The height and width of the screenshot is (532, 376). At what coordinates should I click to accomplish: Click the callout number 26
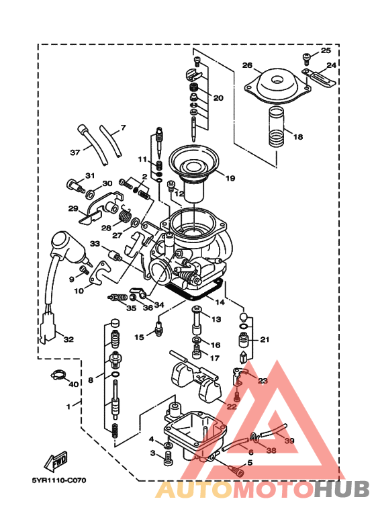[x=247, y=66]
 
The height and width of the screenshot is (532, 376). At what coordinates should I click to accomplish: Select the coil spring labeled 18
[x=277, y=127]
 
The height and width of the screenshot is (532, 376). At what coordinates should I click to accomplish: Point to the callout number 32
[x=67, y=340]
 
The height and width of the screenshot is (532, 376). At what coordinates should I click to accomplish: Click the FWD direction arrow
[x=54, y=460]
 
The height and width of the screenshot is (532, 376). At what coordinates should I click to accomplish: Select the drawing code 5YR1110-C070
[x=58, y=481]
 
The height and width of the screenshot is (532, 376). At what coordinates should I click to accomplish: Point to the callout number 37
[x=75, y=152]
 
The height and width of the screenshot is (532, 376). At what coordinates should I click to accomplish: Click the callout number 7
[x=123, y=128]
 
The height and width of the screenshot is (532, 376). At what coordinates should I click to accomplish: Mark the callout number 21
[x=265, y=339]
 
